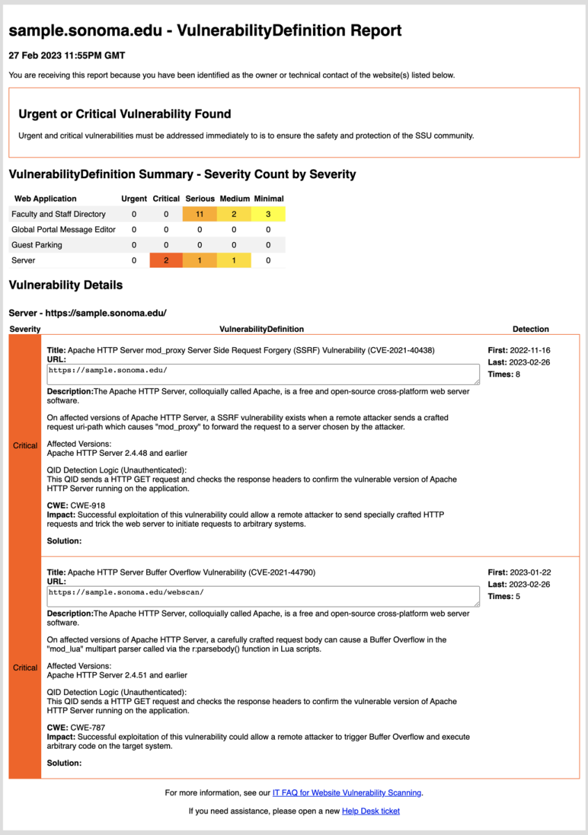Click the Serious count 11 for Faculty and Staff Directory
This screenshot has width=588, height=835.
tap(200, 214)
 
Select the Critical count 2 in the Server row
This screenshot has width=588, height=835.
tap(166, 260)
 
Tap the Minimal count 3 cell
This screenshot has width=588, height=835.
tap(268, 214)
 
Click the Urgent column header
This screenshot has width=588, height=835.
tap(134, 199)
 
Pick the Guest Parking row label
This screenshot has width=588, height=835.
tap(37, 245)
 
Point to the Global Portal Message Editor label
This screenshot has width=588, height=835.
tap(63, 230)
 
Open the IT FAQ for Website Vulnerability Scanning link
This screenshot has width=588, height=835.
tap(347, 793)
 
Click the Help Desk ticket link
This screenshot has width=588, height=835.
tap(370, 811)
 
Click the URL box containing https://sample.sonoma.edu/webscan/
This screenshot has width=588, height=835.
tap(263, 596)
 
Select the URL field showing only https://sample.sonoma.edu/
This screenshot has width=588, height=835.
tap(263, 374)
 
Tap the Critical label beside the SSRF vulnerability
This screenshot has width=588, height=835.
tap(25, 446)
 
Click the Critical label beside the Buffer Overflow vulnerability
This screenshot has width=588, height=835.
tap(25, 668)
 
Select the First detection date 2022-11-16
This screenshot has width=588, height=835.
tap(530, 351)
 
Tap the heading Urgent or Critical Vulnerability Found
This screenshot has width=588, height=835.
tap(125, 114)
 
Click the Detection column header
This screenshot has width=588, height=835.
tap(530, 329)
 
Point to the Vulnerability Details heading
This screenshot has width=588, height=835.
tap(65, 285)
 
